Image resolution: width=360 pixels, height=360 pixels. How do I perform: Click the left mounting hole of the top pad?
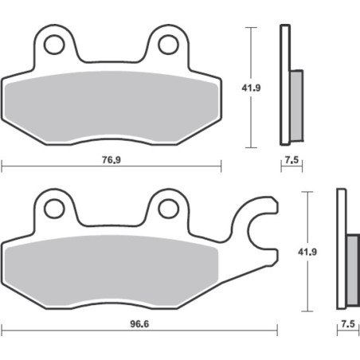(x=54, y=44)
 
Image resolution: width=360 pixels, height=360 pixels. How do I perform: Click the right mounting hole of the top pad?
(x=167, y=44)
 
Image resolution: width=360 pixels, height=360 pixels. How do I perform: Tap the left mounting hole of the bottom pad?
(x=54, y=209)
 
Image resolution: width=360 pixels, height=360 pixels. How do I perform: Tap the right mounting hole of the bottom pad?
(x=167, y=209)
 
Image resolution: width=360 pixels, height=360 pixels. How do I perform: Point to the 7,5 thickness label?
(x=292, y=160)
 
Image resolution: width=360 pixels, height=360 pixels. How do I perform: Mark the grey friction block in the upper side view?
(x=295, y=100)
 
